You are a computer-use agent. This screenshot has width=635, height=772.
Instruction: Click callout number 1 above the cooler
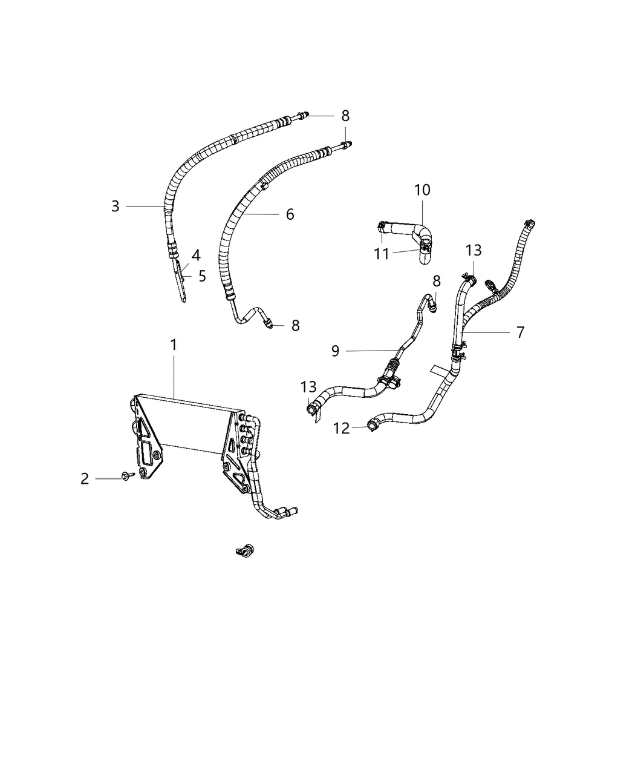(174, 345)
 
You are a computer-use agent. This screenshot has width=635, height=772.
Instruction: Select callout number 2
(85, 479)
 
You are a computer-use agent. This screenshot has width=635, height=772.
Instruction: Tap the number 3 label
(115, 206)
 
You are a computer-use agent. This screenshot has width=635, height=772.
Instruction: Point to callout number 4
(196, 254)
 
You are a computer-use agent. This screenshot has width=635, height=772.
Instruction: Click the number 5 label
(202, 276)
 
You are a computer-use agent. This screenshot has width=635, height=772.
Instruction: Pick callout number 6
(290, 214)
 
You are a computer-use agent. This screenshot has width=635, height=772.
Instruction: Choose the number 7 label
(519, 332)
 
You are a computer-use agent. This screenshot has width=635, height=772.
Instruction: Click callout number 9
(336, 351)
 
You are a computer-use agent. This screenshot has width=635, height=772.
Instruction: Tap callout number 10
(422, 190)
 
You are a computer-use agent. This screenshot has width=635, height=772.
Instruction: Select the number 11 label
(381, 253)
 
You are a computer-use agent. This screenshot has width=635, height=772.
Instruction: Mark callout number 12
(342, 428)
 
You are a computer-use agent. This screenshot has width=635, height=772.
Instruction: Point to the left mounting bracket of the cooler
(145, 436)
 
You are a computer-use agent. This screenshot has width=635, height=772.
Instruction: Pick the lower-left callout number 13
(308, 387)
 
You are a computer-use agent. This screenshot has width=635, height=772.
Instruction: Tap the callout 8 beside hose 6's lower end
(295, 326)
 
